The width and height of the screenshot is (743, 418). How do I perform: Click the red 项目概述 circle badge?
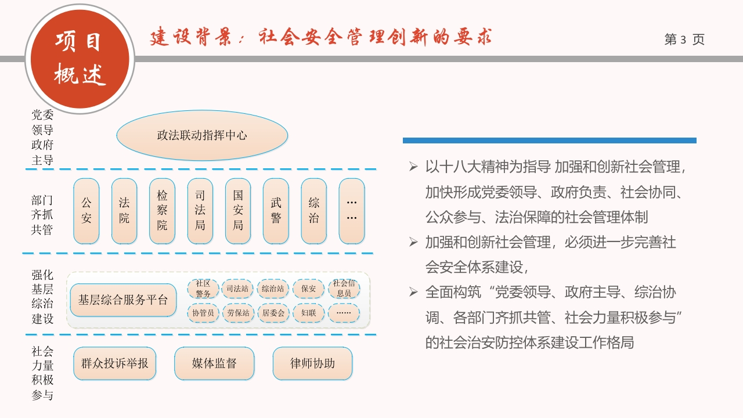pos(80,59)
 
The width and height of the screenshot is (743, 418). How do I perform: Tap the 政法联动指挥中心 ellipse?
pos(202,135)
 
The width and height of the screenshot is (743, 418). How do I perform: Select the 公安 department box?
pos(86,211)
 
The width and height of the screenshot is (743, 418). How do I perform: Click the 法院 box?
pos(124,211)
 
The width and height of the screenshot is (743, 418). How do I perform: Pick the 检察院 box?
pos(162,211)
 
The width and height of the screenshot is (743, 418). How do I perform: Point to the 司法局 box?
pos(200,211)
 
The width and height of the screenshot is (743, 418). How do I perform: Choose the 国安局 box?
pos(238,211)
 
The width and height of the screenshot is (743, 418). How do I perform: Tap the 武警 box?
pos(276,211)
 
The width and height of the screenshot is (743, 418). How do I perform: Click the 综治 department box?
pos(314,211)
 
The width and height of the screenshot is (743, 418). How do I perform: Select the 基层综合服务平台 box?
pos(123,300)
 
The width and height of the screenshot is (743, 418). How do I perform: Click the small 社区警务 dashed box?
pos(203,289)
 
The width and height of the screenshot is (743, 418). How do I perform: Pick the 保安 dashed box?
pos(308,289)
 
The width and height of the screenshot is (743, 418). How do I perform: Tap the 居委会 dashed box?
pos(273,313)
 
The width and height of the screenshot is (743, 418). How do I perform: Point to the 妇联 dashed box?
pos(308,313)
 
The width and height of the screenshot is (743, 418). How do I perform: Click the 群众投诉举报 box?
pos(115,363)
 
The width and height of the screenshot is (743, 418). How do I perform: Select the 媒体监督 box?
pos(214,363)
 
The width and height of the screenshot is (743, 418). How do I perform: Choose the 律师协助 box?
pos(312,363)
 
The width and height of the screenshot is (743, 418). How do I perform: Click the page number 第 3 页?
pos(684,39)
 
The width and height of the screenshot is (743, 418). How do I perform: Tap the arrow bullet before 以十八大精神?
pos(413,166)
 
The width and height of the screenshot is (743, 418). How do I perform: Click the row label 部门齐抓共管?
pos(42,215)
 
